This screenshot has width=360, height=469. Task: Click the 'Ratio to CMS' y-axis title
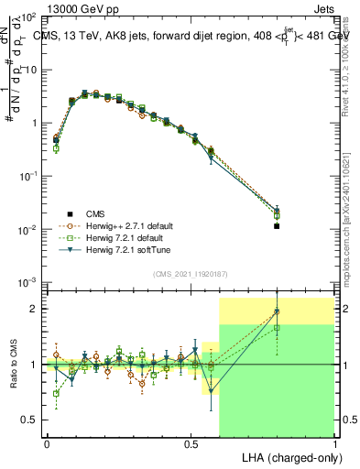pyautogui.click(x=14, y=365)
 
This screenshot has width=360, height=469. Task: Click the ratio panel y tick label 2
pyautogui.click(x=34, y=309)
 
